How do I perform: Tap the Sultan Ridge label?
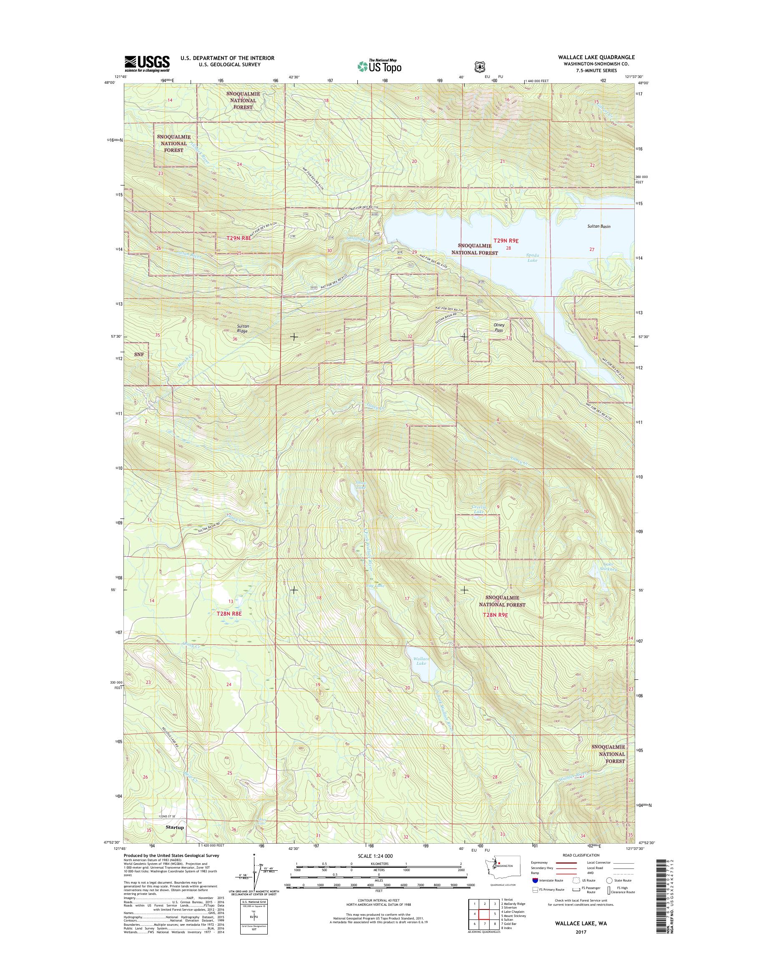click(242, 328)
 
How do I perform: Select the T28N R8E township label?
click(229, 614)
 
